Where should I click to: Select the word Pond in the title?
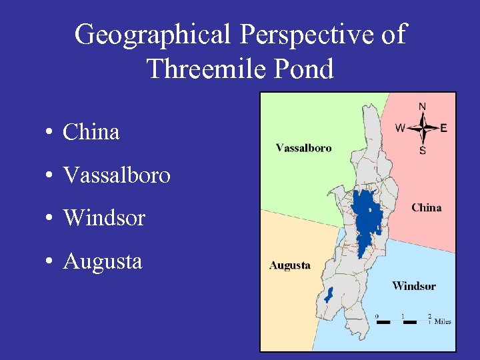click(303, 69)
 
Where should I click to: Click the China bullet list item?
click(91, 132)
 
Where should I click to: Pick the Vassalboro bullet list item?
click(116, 175)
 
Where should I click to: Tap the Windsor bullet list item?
click(103, 218)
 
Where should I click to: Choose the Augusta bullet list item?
click(102, 261)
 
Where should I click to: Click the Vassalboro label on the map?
click(303, 148)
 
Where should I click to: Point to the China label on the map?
click(427, 207)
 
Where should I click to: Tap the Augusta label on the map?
click(290, 265)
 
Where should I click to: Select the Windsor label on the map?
click(414, 286)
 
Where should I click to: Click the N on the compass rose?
click(423, 106)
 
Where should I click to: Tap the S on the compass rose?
click(423, 151)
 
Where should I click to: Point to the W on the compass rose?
click(400, 128)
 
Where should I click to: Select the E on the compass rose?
click(444, 128)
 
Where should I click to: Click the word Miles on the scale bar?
click(443, 321)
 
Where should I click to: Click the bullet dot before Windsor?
click(50, 219)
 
